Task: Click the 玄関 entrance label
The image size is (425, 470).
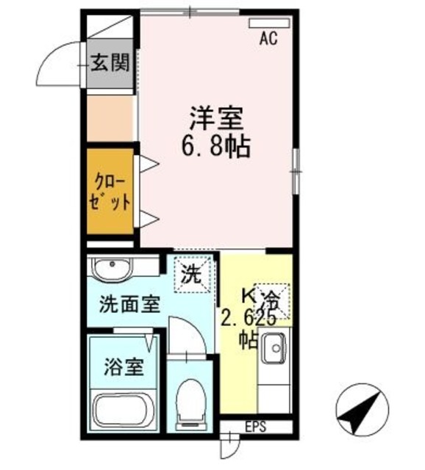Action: click(x=110, y=63)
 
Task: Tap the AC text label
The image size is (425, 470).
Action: click(x=268, y=40)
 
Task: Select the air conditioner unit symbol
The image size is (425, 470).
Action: click(x=269, y=23)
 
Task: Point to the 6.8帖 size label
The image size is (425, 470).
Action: click(x=216, y=147)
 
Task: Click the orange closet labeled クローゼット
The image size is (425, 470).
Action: click(x=111, y=192)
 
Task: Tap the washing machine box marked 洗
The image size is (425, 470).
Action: click(x=191, y=276)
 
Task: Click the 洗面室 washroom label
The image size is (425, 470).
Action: click(x=130, y=304)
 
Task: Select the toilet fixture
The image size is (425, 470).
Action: click(x=191, y=403)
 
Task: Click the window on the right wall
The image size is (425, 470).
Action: click(x=295, y=170)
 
